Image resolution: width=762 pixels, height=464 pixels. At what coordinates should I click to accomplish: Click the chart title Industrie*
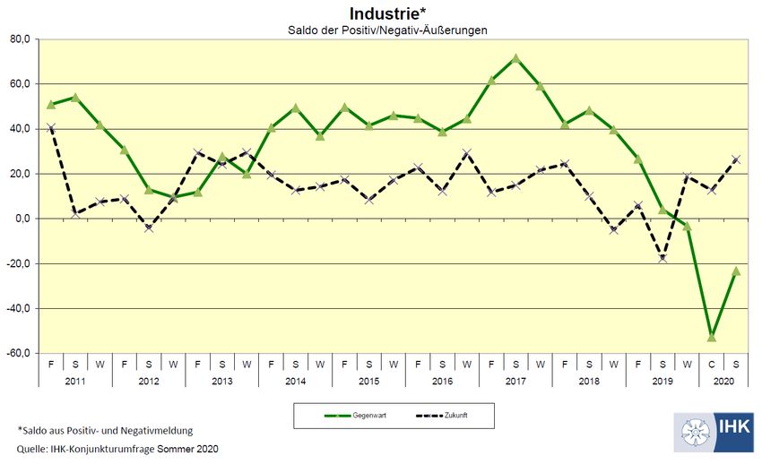pos(381,13)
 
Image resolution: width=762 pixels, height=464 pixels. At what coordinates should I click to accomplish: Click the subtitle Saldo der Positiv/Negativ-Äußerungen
pos(381,30)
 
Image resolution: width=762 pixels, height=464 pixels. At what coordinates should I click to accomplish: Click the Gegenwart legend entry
pos(352,417)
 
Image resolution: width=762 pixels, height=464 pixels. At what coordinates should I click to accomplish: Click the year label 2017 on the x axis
pos(515,380)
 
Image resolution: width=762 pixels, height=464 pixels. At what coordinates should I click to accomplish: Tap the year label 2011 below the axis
pos(75,380)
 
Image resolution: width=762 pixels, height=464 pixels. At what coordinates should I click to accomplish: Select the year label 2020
pos(723,380)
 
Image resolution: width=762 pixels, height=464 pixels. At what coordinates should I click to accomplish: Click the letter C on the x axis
pos(712,365)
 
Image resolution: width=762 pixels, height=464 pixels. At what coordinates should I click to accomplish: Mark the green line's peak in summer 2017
pos(515,58)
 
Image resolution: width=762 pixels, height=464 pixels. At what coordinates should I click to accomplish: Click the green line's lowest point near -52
pos(712,337)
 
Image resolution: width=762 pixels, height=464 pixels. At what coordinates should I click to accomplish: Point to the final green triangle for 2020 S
pos(736,271)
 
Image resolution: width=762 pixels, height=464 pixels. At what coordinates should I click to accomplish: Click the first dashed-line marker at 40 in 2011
pos(51,128)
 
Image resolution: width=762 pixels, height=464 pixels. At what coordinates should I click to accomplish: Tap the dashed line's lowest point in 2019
pos(662,258)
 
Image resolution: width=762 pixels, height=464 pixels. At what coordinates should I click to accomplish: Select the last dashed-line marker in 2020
pos(736,159)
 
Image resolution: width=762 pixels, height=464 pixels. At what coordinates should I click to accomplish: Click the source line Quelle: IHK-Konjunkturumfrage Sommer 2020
pos(117,449)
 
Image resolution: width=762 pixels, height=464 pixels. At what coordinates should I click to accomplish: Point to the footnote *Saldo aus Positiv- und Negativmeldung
pos(105,431)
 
